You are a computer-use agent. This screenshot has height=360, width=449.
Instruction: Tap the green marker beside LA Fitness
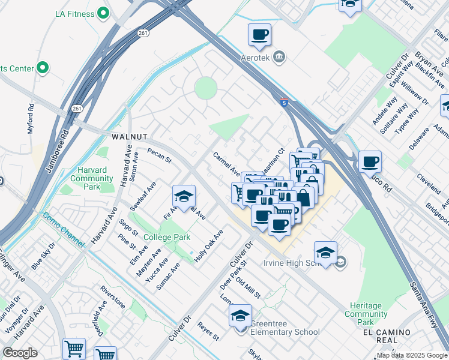coord(103,12)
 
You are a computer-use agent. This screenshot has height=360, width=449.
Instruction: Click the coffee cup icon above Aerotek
coord(259,35)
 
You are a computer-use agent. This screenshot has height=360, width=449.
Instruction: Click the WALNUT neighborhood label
coord(130,137)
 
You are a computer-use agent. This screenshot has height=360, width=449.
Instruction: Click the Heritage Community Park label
coord(366,314)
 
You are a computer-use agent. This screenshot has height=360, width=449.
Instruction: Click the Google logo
coord(20,353)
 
